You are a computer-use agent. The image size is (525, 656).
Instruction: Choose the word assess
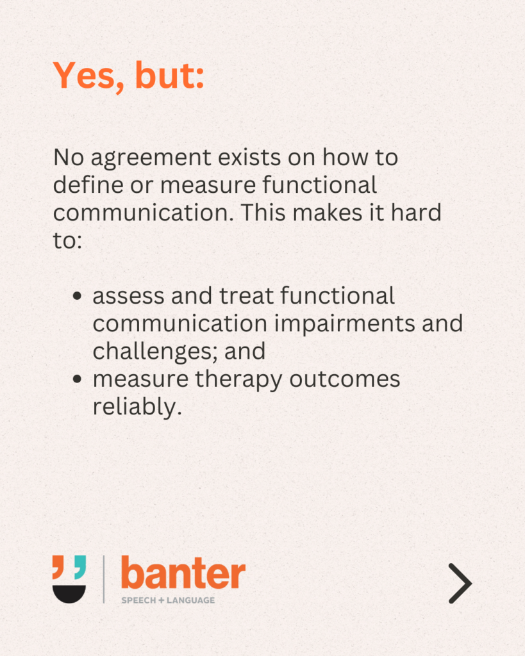pyautogui.click(x=129, y=296)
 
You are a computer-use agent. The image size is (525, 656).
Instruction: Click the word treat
pyautogui.click(x=246, y=296)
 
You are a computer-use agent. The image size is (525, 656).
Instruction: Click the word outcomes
pyautogui.click(x=345, y=379)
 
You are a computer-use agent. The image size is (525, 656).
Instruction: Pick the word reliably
pyautogui.click(x=137, y=407)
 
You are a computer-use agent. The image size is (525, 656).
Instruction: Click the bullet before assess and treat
pyautogui.click(x=77, y=296)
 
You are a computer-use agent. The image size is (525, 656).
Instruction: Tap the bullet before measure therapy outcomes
pyautogui.click(x=77, y=379)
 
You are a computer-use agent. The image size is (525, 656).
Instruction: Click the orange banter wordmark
pyautogui.click(x=183, y=572)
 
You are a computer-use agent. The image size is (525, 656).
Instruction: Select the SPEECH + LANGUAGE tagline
pyautogui.click(x=168, y=600)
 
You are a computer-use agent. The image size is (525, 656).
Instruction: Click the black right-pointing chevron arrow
pyautogui.click(x=460, y=583)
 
